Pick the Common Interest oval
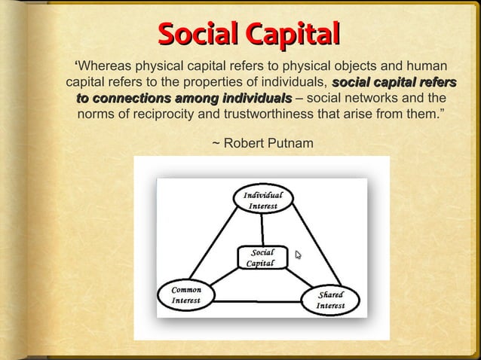(185, 295)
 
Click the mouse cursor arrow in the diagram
(299, 255)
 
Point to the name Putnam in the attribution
(286, 142)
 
